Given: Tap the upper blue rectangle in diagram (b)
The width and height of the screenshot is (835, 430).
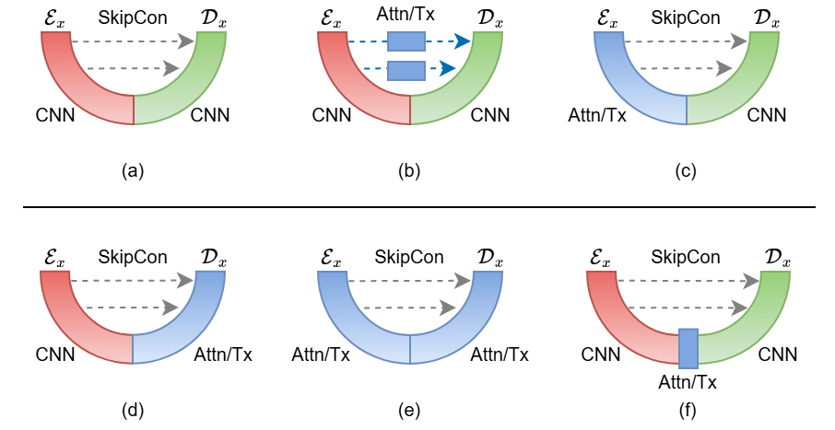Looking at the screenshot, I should [406, 41].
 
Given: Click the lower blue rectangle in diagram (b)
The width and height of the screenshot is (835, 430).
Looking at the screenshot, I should [406, 69].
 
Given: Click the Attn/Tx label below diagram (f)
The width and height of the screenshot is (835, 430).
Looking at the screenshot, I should [688, 380].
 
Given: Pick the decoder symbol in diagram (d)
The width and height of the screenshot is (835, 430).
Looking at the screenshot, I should [211, 257].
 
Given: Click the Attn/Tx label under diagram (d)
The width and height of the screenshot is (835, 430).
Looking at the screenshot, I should [223, 354].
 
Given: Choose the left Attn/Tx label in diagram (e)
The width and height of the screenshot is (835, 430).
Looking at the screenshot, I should [321, 354].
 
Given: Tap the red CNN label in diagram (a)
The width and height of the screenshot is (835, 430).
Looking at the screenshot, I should [55, 115].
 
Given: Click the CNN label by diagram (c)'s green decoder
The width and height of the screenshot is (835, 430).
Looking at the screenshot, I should [767, 115].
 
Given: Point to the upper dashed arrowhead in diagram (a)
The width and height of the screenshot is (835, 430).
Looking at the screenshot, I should [187, 41].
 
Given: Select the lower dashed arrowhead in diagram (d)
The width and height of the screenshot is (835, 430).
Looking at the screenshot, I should [171, 308].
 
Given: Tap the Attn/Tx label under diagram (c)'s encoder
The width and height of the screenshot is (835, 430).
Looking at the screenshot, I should [597, 115].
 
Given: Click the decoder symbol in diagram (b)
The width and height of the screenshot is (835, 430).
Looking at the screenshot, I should [488, 18].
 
